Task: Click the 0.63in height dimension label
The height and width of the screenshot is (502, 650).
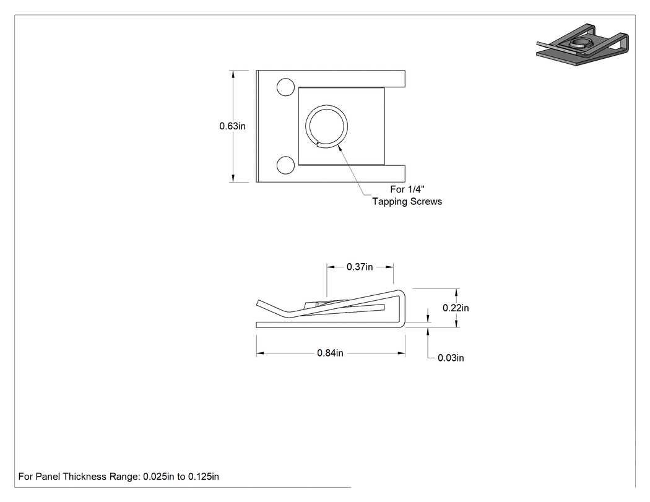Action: click(x=232, y=126)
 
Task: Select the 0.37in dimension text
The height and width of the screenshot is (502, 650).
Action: click(x=360, y=267)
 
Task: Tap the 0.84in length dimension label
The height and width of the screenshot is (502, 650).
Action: click(x=330, y=353)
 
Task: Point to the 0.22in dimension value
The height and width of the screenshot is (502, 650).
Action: click(x=456, y=308)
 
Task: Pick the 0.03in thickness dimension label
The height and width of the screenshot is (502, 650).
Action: click(x=451, y=358)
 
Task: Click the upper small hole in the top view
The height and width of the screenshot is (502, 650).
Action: click(x=285, y=87)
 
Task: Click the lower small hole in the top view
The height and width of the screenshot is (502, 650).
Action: click(x=285, y=165)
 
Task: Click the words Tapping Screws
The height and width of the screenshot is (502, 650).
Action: click(x=407, y=201)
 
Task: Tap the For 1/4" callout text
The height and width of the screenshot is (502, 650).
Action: click(x=407, y=189)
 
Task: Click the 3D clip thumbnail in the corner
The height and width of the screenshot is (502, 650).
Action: click(x=583, y=45)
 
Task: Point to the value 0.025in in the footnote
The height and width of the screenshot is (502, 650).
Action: click(x=158, y=477)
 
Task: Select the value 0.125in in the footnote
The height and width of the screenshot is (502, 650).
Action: click(x=204, y=477)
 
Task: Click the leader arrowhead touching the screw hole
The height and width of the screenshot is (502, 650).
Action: click(x=340, y=148)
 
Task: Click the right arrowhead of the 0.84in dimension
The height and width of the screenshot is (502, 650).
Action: click(x=401, y=353)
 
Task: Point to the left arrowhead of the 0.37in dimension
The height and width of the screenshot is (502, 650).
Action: click(x=331, y=267)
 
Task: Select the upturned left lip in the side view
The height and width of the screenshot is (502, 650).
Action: click(x=272, y=307)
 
